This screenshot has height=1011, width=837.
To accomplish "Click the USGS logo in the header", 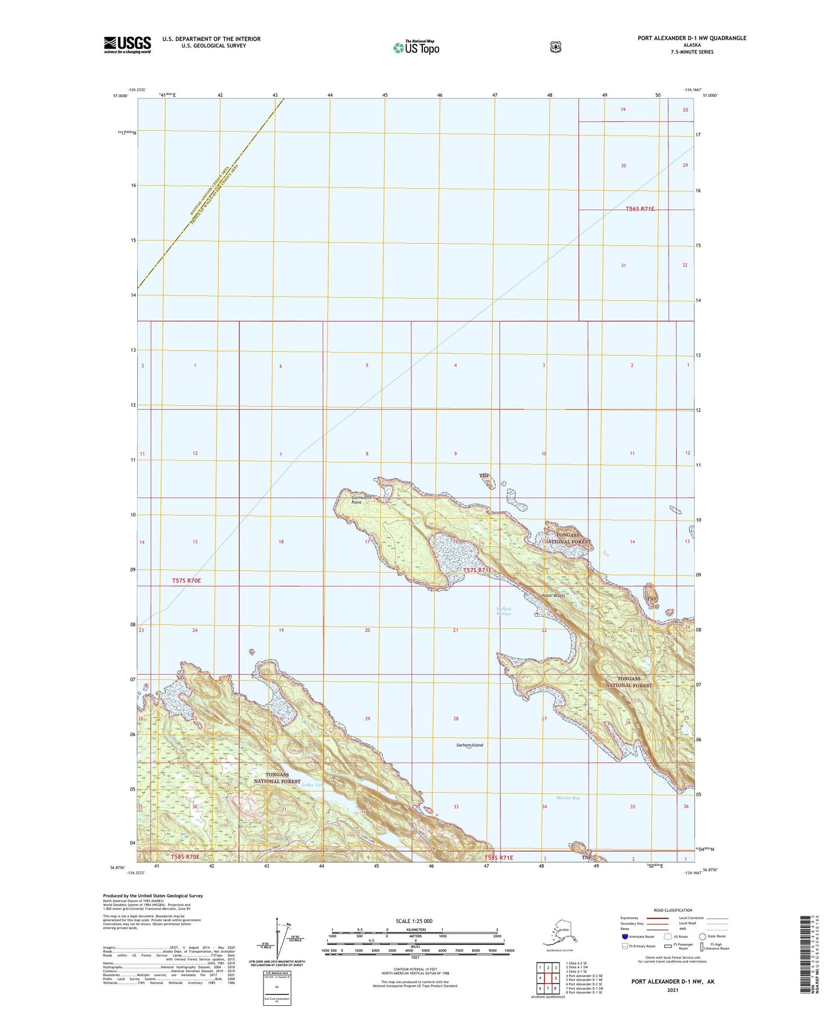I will [127, 44].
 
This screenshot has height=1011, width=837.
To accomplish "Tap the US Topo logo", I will [416, 47].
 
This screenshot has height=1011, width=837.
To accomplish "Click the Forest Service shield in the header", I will [555, 47].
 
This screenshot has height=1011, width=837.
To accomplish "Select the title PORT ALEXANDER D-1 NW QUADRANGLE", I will [692, 38].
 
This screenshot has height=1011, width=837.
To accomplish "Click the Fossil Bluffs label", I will [553, 595].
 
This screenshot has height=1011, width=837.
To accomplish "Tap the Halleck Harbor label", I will [504, 611].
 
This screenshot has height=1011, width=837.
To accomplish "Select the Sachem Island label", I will [469, 745].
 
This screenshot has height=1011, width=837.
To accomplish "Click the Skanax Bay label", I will [568, 797].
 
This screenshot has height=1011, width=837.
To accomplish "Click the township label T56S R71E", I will [640, 208].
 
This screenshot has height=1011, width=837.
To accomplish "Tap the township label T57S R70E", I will [186, 580].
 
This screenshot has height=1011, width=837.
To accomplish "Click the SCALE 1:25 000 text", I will [414, 921].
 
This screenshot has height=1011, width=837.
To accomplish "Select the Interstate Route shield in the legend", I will [624, 936].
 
